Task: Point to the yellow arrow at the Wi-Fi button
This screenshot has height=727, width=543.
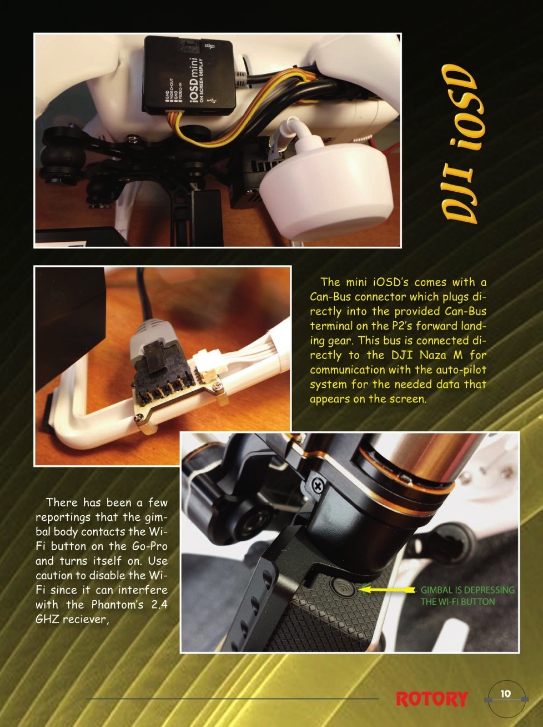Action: (x=388, y=590)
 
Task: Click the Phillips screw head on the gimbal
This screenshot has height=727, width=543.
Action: (x=318, y=486)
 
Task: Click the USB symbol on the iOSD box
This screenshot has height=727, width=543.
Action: (x=211, y=101)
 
